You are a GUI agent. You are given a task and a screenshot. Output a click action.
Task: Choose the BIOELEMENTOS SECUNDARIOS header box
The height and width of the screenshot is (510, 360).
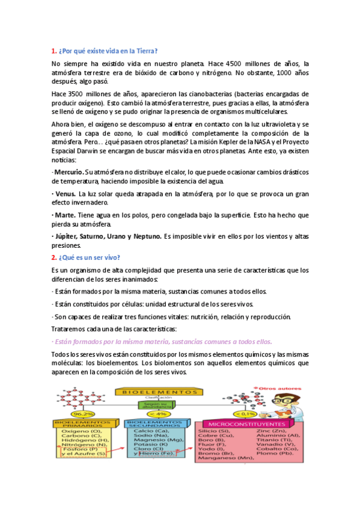[x=157, y=424]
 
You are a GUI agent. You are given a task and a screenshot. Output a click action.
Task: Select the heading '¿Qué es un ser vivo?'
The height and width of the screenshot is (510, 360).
[x=88, y=257]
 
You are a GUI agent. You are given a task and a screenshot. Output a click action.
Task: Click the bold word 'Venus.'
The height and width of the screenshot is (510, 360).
[x=65, y=194]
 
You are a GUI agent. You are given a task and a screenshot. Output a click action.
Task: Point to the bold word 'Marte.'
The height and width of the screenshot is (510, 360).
[x=65, y=215]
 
